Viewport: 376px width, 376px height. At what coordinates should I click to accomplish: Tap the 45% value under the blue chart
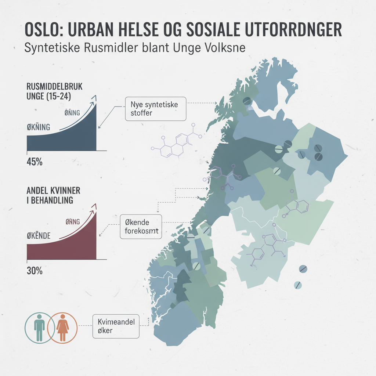coord(34,162)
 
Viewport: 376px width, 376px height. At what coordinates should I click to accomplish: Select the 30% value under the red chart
coord(34,272)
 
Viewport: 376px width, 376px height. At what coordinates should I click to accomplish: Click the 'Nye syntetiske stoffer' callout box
coord(156,109)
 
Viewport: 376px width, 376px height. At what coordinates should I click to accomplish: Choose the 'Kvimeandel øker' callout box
coord(116,326)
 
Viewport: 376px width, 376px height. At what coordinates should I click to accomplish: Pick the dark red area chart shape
coord(73,246)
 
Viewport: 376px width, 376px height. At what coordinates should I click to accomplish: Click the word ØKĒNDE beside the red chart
coord(39,235)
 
